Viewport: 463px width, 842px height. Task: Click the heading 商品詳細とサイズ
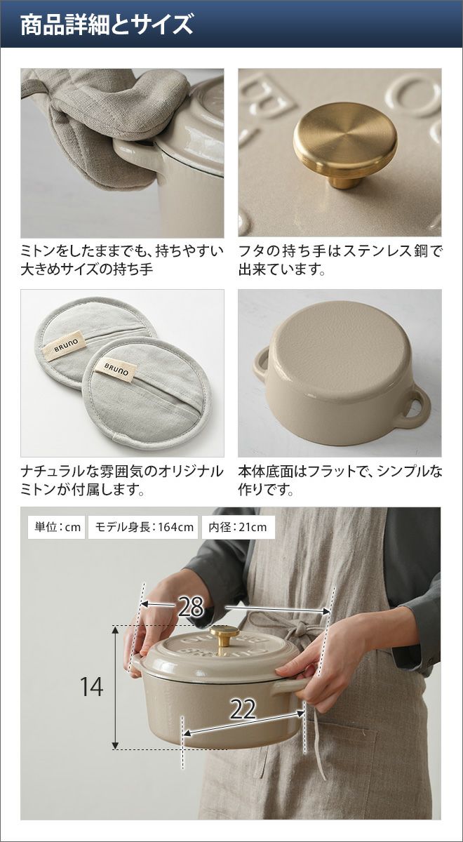(107, 25)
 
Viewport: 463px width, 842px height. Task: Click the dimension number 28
(191, 606)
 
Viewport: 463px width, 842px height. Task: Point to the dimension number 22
(243, 699)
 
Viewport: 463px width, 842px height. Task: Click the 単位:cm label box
(57, 527)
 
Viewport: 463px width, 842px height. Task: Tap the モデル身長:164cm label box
(144, 527)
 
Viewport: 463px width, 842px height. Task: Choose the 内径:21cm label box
(239, 527)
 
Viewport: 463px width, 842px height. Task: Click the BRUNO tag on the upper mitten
(64, 345)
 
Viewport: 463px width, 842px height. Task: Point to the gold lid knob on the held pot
(224, 635)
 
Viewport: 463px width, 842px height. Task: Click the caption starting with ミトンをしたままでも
(122, 260)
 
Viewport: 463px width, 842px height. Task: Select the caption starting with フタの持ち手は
(340, 260)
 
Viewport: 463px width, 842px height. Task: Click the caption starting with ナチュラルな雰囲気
(122, 480)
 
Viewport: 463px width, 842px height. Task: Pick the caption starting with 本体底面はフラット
(340, 480)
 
